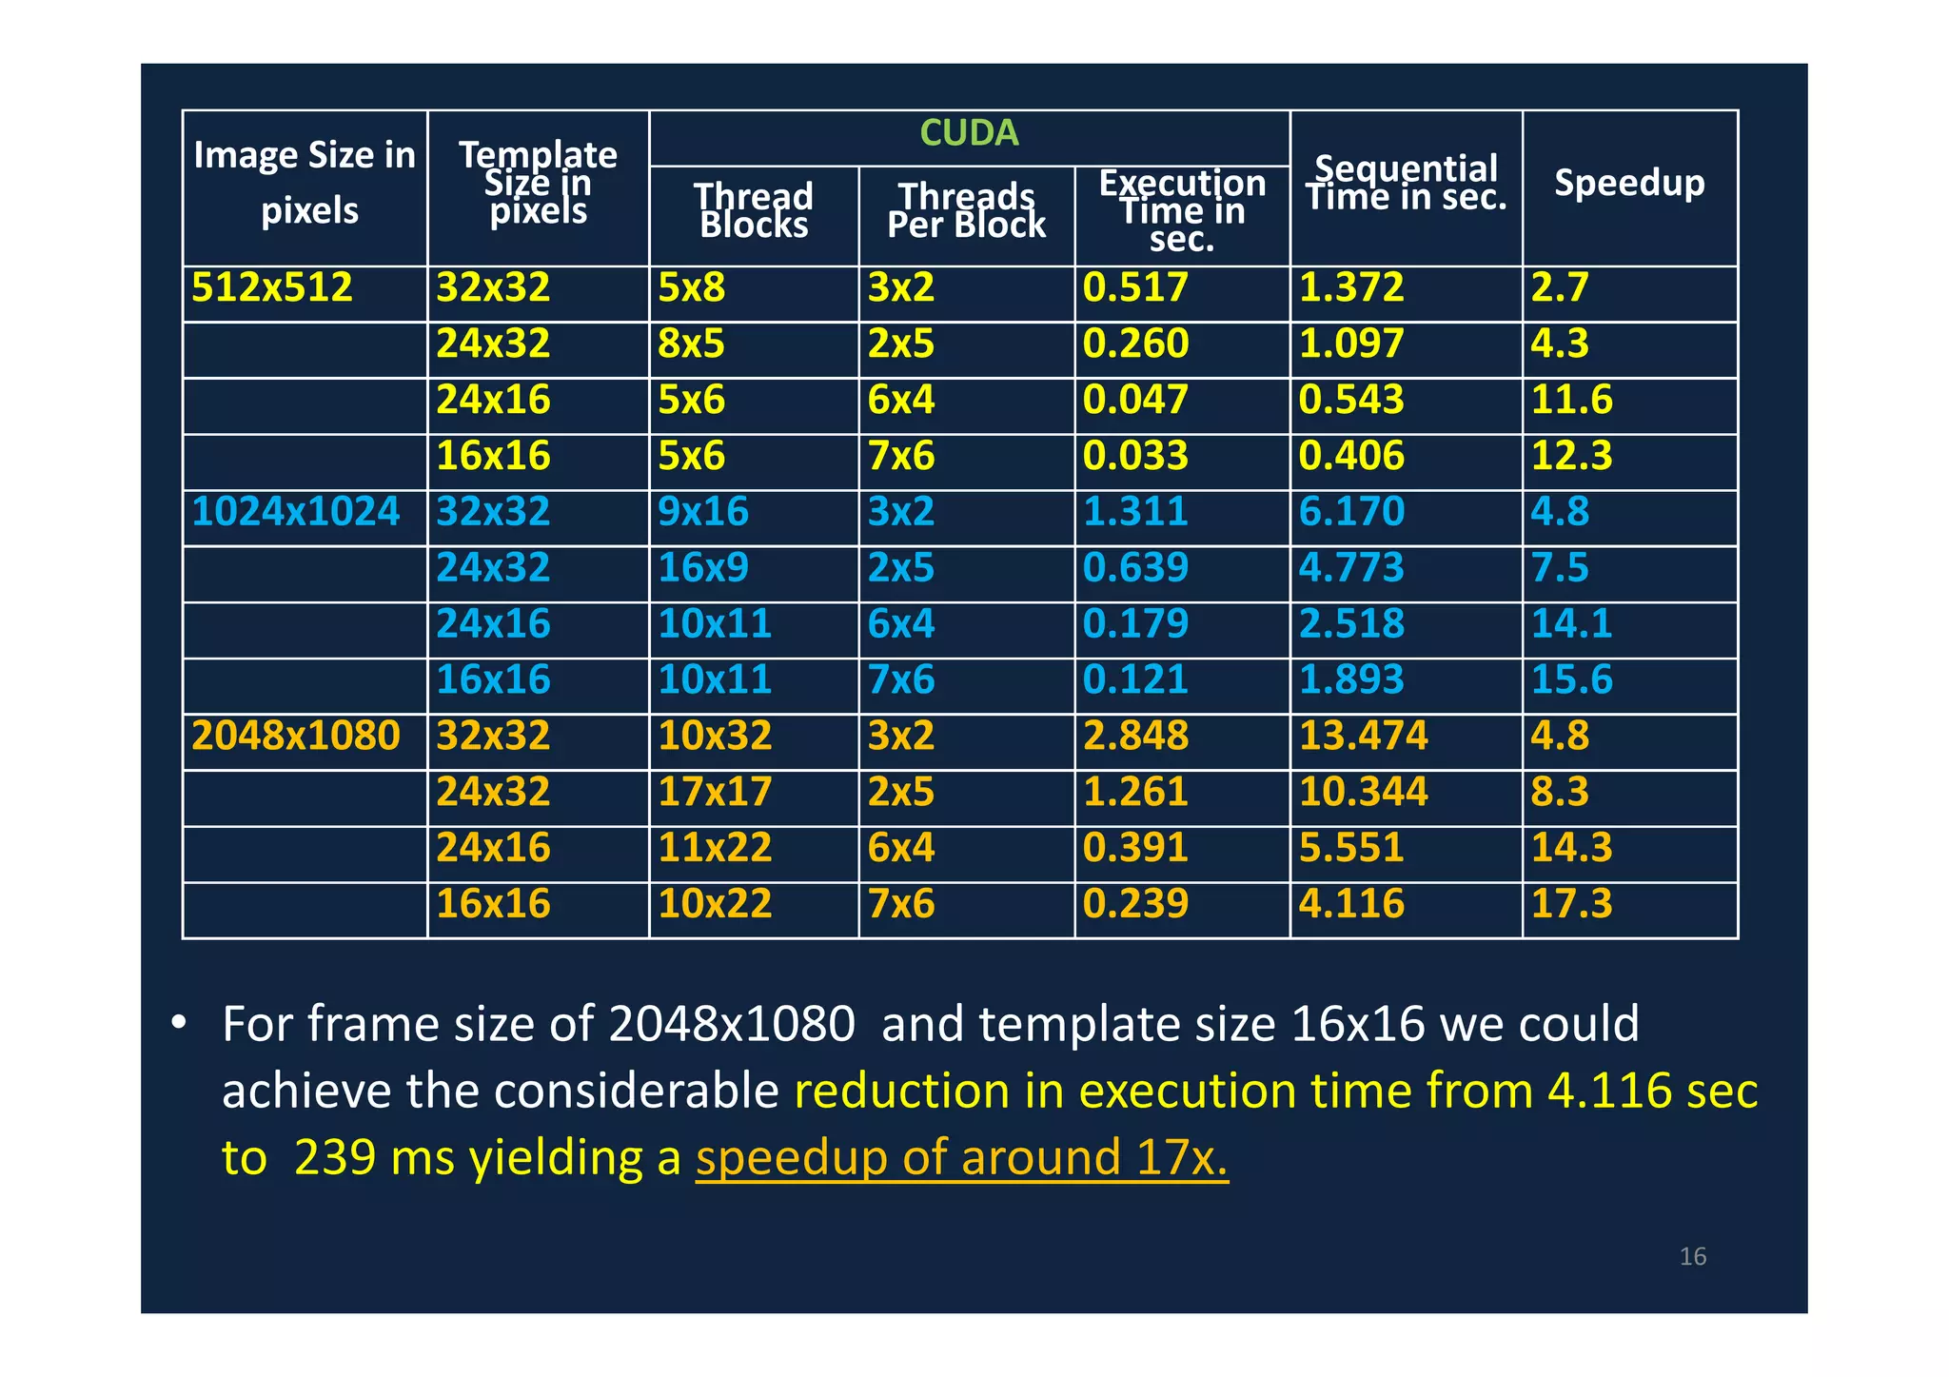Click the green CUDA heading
click(x=969, y=133)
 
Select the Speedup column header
click(x=1629, y=183)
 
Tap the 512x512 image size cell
click(x=272, y=287)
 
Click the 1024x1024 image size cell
click(x=296, y=512)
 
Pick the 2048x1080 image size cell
click(x=296, y=736)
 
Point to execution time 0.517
click(x=1135, y=287)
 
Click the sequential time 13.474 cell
click(x=1364, y=736)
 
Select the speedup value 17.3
click(x=1571, y=903)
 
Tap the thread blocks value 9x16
click(x=703, y=512)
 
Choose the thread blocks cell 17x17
click(x=715, y=792)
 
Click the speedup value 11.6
click(x=1571, y=400)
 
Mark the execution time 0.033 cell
click(x=1135, y=456)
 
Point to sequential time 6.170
click(x=1351, y=512)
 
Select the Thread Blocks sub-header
click(x=754, y=210)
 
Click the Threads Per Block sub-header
click(x=966, y=210)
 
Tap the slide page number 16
click(x=1693, y=1257)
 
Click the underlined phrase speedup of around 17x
click(x=962, y=1158)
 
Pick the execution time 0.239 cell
click(x=1135, y=903)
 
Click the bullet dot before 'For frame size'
click(x=178, y=1024)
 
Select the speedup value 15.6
click(x=1571, y=679)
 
